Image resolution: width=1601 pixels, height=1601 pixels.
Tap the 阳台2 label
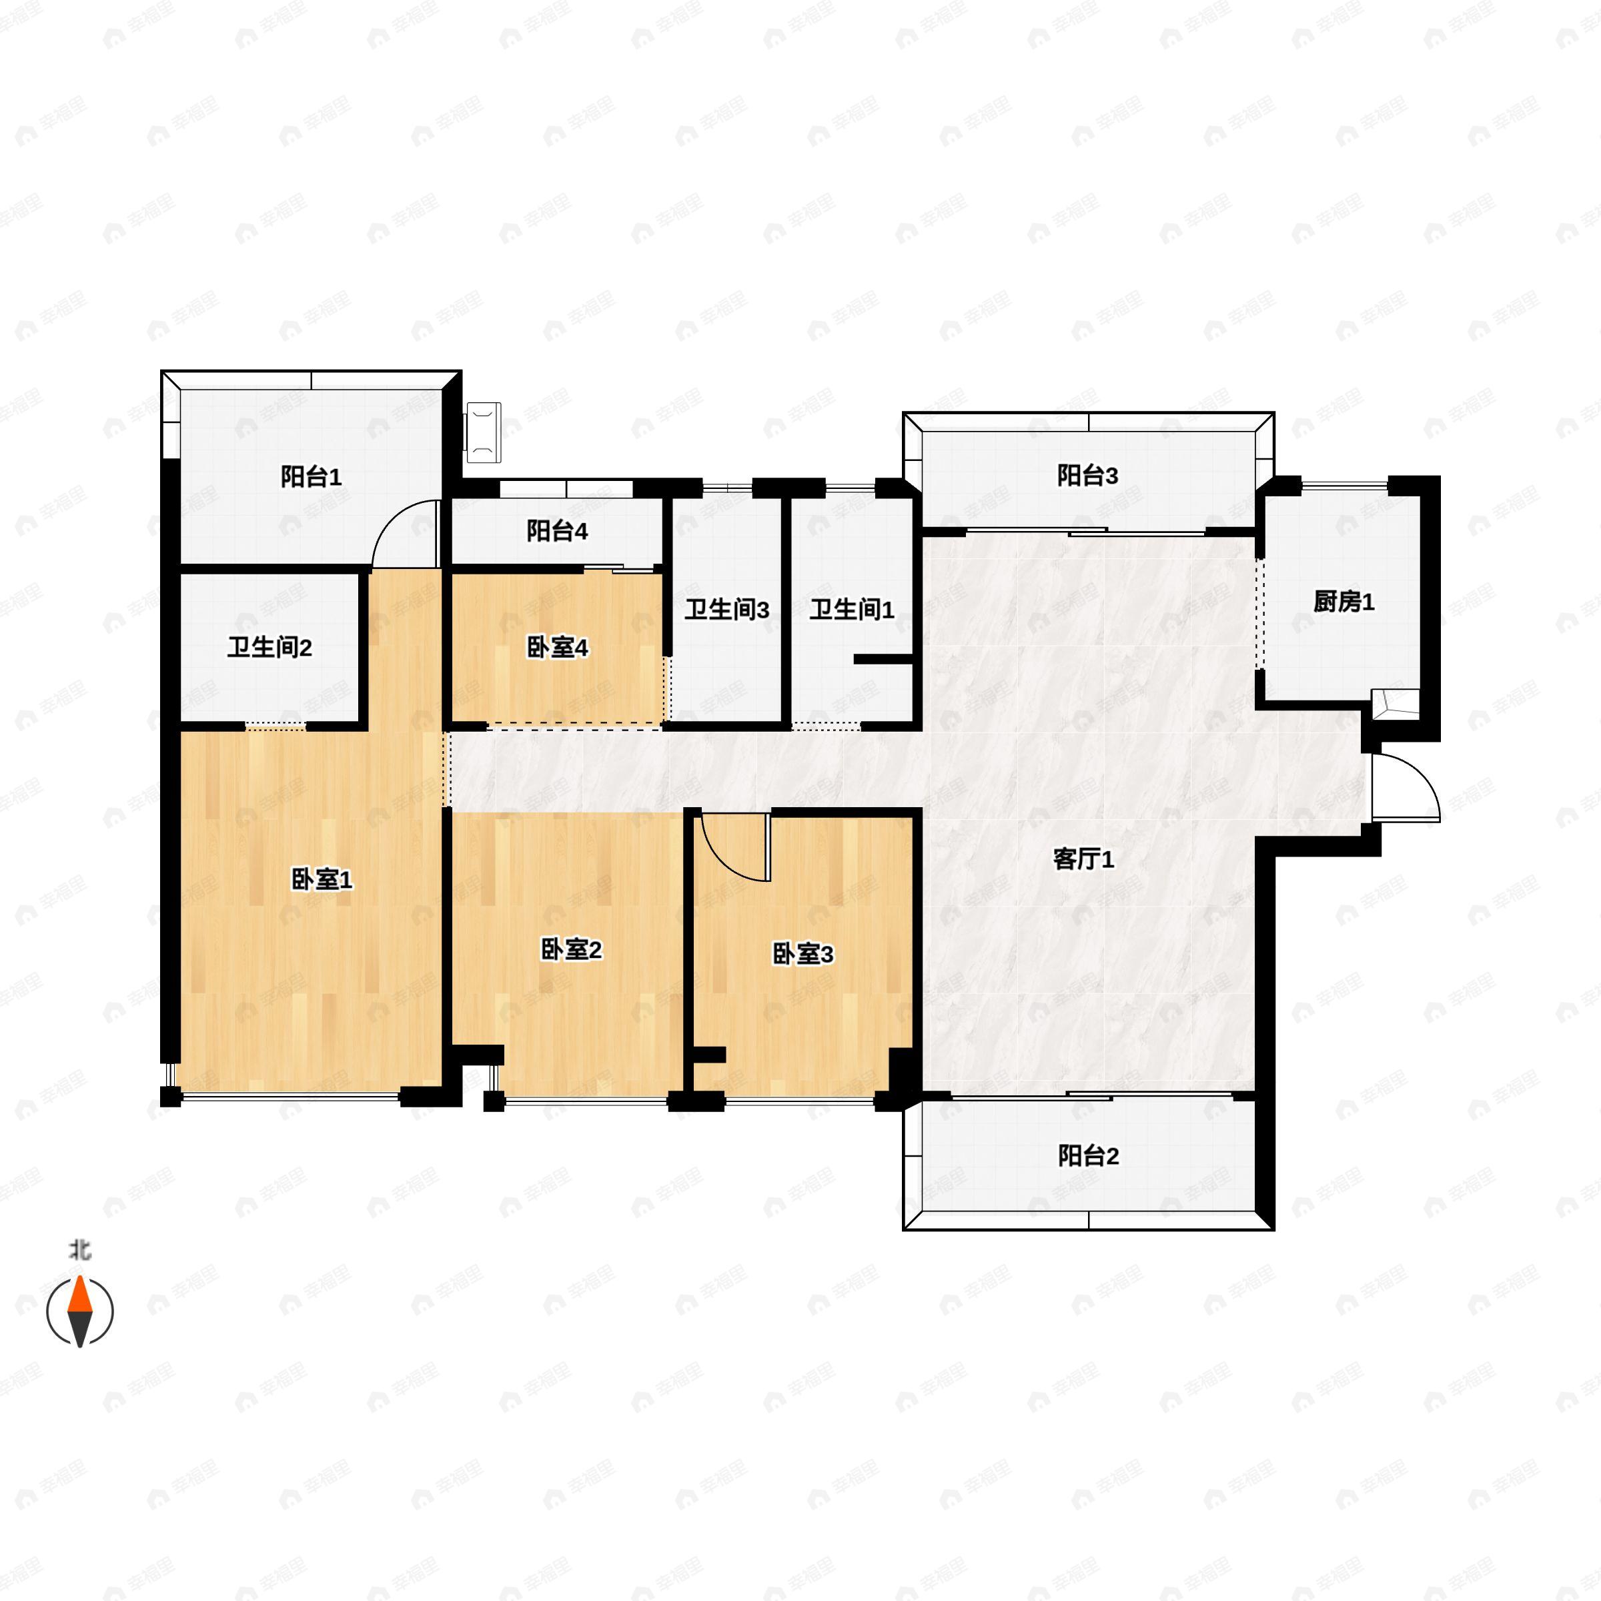point(1088,1155)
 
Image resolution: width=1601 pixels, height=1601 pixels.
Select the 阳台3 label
point(1087,475)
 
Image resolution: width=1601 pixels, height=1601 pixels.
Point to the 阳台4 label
point(557,530)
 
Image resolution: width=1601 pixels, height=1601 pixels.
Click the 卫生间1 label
point(852,610)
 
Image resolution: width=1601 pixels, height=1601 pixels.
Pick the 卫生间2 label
point(270,647)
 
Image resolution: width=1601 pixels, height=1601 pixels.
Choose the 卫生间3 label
point(726,610)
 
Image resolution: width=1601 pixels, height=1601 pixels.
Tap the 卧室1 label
point(322,879)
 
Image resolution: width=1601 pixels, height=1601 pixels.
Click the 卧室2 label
point(571,950)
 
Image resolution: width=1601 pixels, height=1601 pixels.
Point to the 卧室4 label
point(557,647)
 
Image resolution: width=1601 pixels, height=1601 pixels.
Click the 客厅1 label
point(1083,859)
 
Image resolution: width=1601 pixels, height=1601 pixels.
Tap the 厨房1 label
point(1344,602)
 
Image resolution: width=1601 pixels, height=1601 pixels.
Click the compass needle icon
point(79,1311)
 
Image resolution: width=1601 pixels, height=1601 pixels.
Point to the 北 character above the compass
point(79,1249)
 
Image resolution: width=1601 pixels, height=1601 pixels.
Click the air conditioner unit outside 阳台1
point(483,432)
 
